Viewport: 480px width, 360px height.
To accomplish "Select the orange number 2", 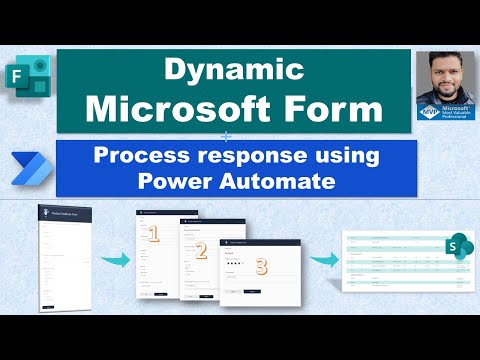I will [201, 251].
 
